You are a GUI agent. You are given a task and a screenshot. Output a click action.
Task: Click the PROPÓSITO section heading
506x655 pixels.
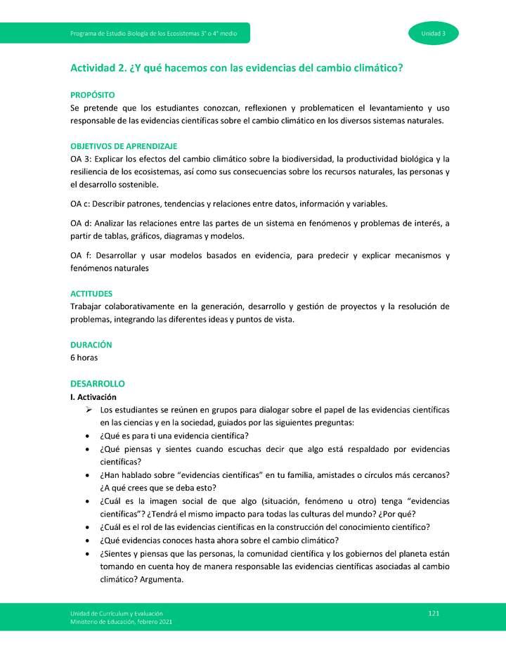pos(93,94)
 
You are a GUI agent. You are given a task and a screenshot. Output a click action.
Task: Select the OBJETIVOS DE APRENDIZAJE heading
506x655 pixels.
pos(123,146)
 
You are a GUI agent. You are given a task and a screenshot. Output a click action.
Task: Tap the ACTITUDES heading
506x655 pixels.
pos(91,293)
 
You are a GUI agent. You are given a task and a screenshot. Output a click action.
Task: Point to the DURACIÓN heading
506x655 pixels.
pos(91,345)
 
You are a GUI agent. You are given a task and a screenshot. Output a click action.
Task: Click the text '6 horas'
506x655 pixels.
pos(84,357)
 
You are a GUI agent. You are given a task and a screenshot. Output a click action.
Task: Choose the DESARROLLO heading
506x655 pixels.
pos(97,384)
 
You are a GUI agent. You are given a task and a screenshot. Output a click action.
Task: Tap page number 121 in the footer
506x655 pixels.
pos(434,614)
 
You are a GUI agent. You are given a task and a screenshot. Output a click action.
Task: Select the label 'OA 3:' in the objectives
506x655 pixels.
pos(82,159)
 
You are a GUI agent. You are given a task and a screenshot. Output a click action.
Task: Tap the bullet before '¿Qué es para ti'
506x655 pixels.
pos(86,436)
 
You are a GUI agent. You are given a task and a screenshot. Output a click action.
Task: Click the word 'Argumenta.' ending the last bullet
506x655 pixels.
pos(161,580)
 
